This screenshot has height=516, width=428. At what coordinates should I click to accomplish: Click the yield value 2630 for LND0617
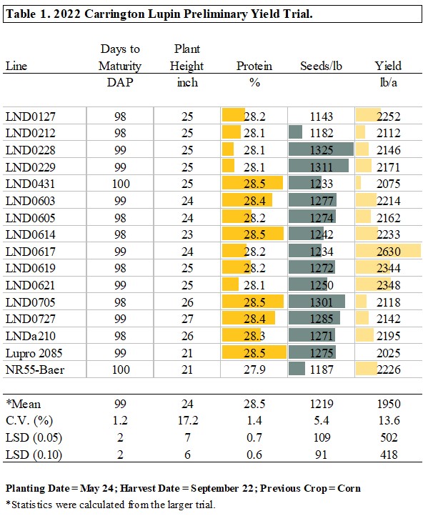point(389,252)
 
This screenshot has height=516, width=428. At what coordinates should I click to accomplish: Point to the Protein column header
point(254,66)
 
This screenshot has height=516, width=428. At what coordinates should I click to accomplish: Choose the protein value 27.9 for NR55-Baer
point(255,369)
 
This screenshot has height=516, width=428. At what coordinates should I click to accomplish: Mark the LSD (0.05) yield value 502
point(389,437)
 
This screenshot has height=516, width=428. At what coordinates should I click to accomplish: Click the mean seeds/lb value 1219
point(322,405)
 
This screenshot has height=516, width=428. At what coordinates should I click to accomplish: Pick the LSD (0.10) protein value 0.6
point(255,455)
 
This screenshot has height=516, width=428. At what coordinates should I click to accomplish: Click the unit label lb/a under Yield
point(389,82)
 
